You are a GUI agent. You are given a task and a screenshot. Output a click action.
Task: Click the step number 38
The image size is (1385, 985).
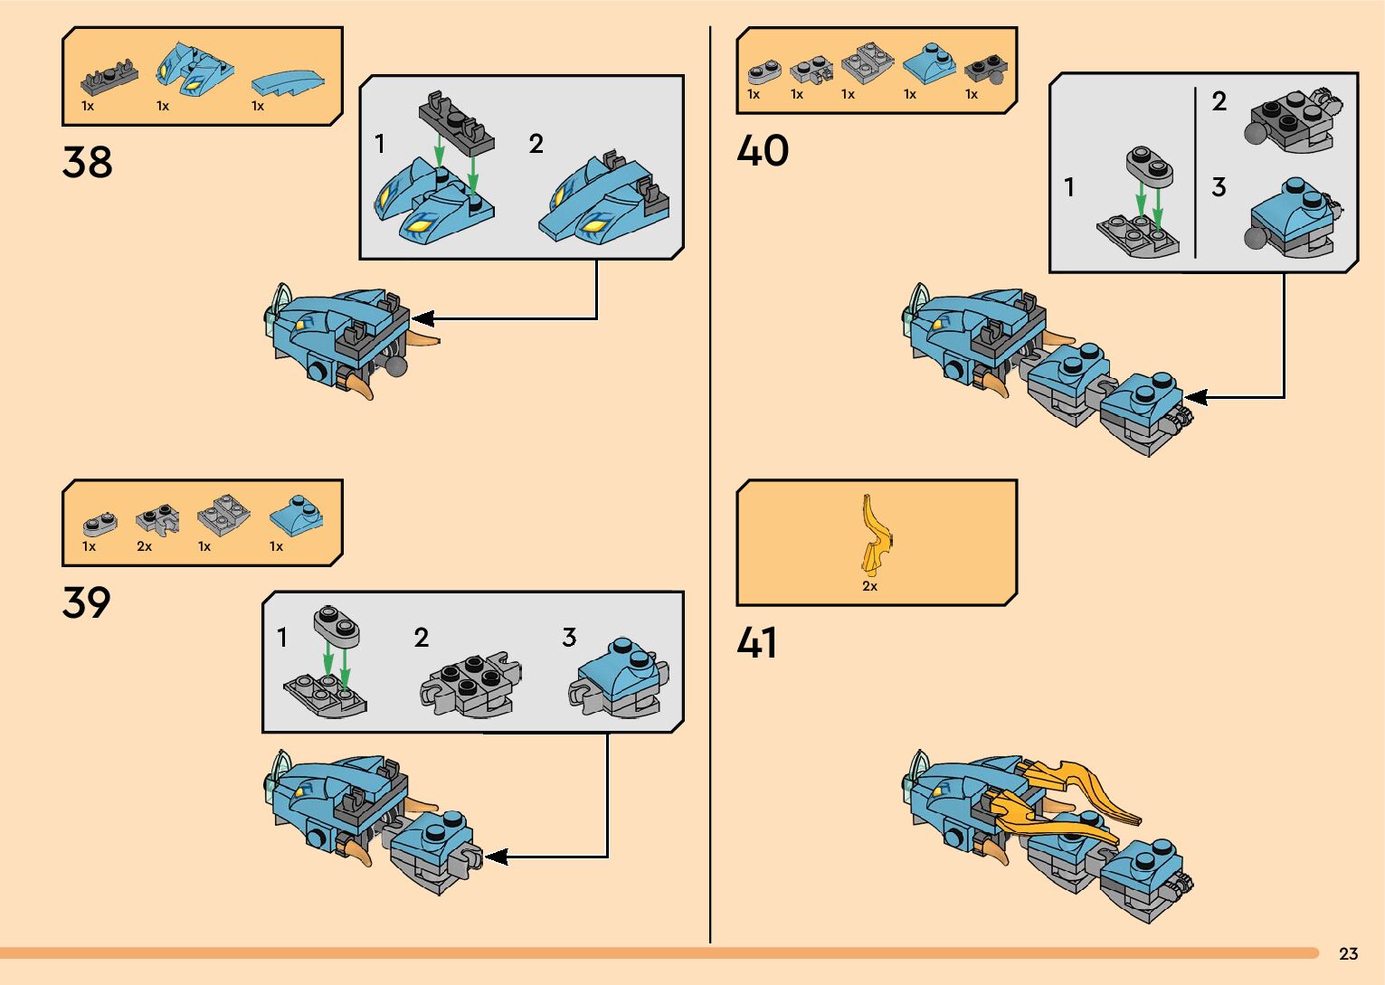click(87, 163)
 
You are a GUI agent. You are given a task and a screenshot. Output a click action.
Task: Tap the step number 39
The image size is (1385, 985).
click(87, 603)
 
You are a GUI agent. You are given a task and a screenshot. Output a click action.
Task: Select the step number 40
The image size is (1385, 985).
click(763, 151)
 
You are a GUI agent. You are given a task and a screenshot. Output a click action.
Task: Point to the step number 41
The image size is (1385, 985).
click(757, 643)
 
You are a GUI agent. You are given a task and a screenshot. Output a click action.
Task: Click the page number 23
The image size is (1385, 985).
click(1348, 953)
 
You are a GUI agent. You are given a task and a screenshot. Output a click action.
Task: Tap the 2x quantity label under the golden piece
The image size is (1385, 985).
click(869, 586)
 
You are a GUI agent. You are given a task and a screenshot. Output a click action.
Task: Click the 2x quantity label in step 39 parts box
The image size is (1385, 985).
click(145, 546)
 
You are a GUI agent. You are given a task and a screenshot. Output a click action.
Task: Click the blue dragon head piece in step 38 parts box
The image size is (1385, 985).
click(195, 69)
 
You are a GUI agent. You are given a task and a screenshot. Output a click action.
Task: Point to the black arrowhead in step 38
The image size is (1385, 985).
click(422, 318)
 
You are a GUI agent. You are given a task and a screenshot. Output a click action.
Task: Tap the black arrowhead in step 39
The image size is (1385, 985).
click(495, 856)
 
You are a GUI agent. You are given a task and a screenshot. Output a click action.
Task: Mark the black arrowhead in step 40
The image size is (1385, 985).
click(1195, 396)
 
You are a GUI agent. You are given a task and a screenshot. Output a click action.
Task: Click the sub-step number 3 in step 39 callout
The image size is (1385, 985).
click(569, 638)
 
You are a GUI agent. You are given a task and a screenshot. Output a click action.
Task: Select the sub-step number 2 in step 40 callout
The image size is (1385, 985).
click(1219, 102)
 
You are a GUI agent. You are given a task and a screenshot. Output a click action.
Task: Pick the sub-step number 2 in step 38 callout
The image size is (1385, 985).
click(536, 144)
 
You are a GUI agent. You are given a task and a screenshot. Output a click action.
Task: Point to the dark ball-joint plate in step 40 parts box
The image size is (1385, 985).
click(983, 71)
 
